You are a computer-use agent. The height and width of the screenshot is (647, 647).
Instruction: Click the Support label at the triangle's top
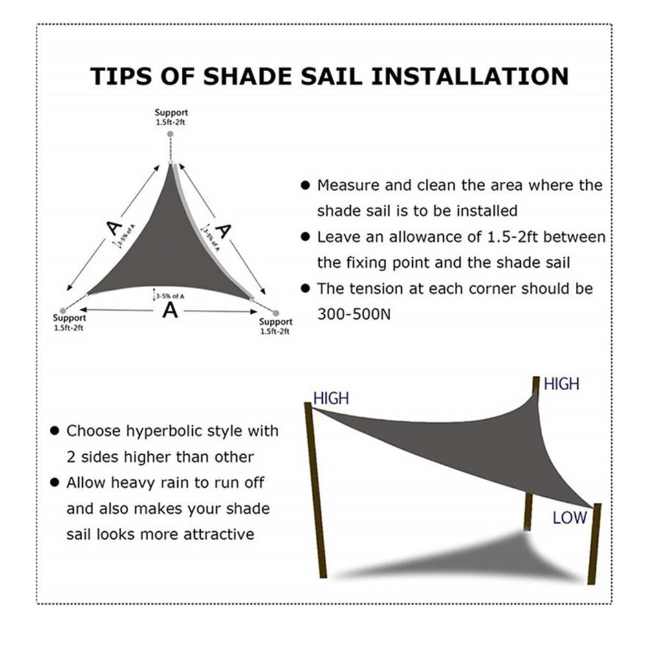click(171, 113)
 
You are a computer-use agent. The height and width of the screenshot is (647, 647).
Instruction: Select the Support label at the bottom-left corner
click(69, 318)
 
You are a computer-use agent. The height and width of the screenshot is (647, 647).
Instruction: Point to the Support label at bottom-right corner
click(276, 322)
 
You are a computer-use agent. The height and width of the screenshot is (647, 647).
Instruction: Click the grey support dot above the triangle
click(170, 133)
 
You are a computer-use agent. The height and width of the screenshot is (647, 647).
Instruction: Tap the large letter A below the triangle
click(170, 310)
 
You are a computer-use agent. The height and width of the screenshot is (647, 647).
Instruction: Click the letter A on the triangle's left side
click(114, 227)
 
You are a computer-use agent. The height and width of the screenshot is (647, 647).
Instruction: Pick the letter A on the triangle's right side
click(223, 230)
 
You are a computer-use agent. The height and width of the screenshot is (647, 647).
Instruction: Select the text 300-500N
click(353, 314)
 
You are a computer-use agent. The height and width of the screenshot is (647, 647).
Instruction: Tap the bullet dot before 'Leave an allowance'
click(305, 237)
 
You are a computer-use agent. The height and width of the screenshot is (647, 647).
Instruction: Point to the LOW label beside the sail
click(569, 517)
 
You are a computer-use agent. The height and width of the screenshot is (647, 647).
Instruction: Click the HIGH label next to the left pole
click(331, 398)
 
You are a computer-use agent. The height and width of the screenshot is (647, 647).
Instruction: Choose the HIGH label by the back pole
click(562, 384)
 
